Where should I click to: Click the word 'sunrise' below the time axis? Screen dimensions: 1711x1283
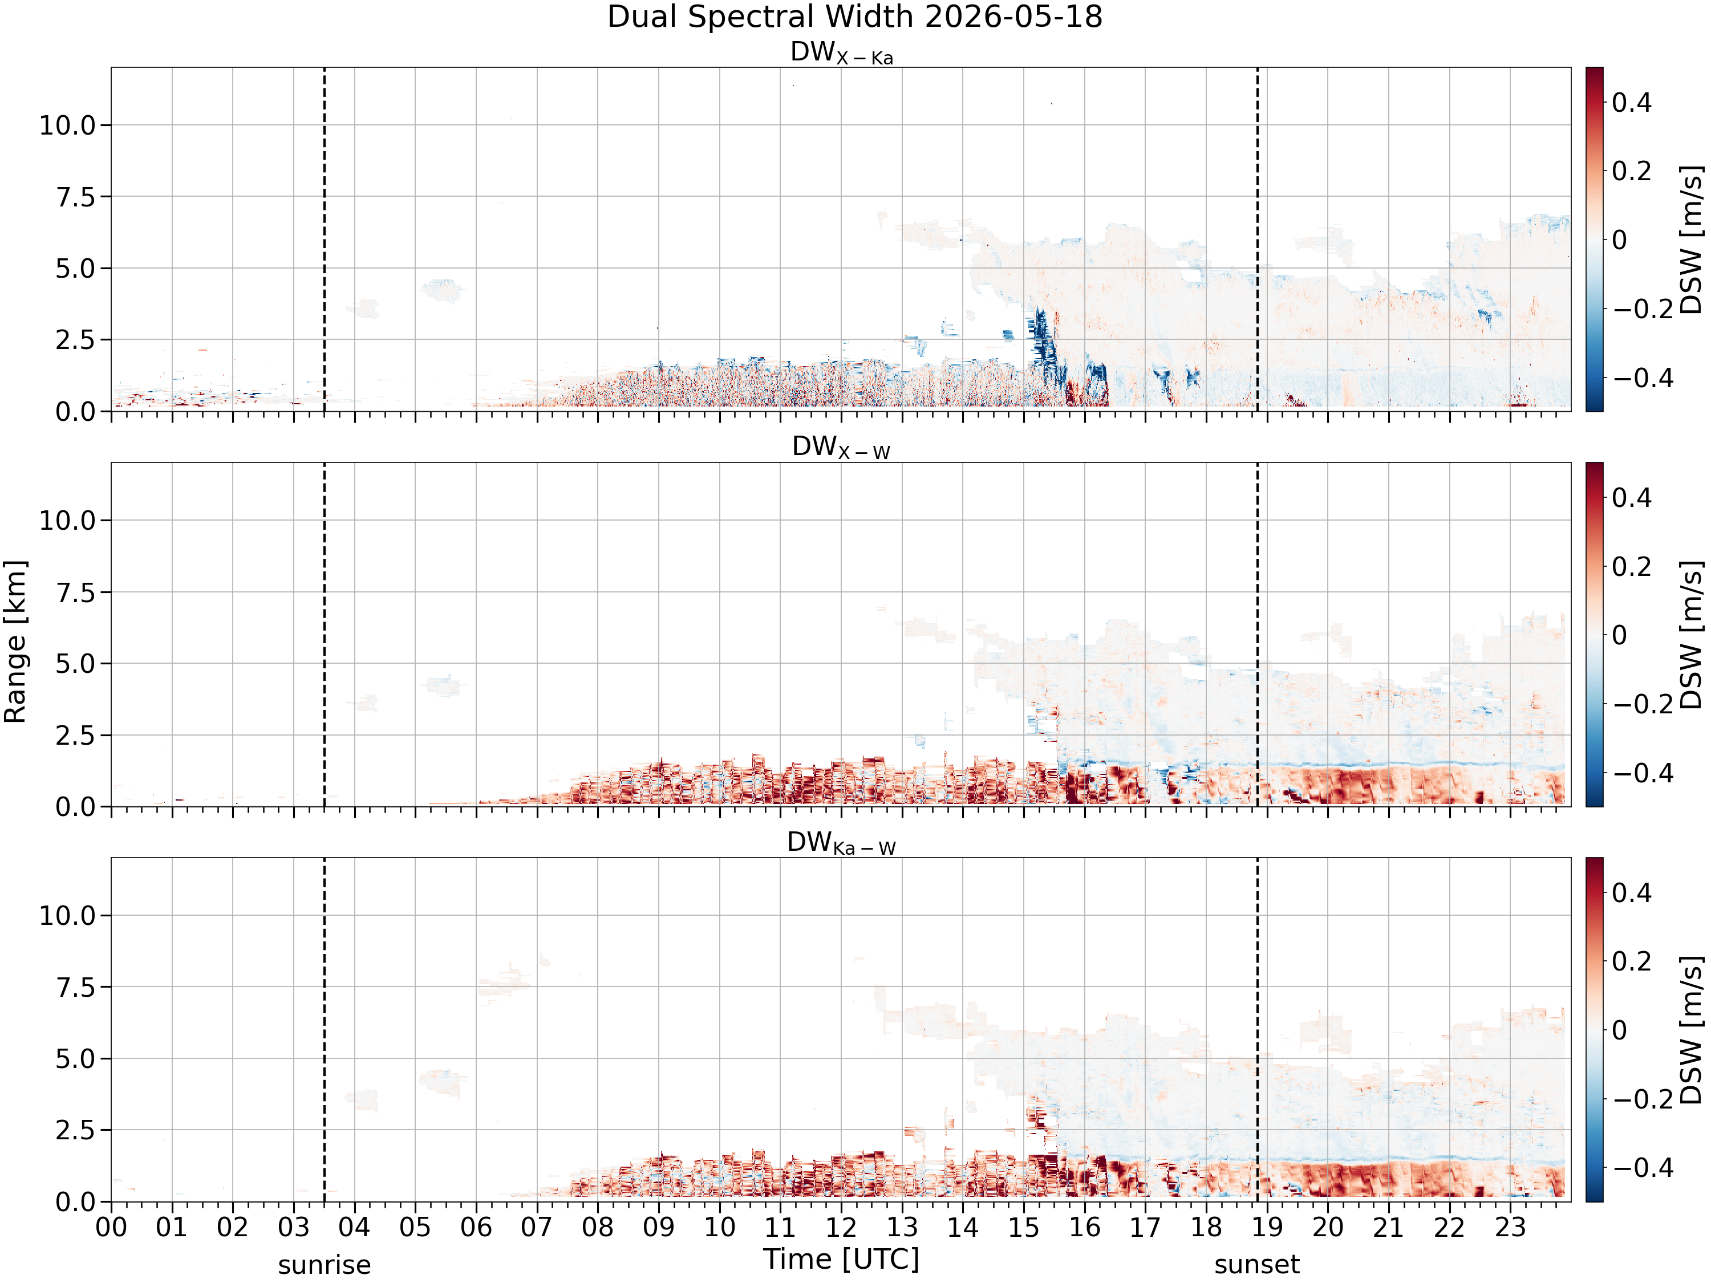[324, 1265]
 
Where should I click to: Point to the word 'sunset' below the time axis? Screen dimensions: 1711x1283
[1257, 1265]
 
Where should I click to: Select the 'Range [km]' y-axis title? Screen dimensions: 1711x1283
[15, 642]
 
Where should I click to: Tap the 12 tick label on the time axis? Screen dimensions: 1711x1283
[841, 1228]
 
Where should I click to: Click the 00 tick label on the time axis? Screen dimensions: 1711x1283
[111, 1228]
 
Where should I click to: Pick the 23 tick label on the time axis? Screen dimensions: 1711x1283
[1510, 1228]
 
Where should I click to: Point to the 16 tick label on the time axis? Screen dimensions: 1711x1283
[1084, 1228]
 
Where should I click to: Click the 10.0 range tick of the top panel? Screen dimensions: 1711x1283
[68, 125]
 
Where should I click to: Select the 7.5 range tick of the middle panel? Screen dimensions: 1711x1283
[76, 592]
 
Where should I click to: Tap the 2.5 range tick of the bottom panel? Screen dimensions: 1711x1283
[76, 1131]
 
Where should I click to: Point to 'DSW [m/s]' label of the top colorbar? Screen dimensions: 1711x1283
[1692, 239]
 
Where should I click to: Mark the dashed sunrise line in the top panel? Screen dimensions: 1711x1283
[324, 239]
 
